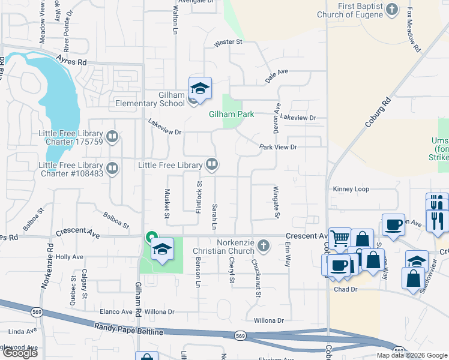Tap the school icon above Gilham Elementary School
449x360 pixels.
[200, 89]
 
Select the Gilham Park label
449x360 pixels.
[232, 114]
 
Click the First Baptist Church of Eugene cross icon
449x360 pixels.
[391, 9]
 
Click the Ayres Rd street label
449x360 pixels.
[71, 62]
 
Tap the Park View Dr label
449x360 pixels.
[278, 147]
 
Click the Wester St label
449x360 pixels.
[228, 42]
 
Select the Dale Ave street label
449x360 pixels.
[277, 71]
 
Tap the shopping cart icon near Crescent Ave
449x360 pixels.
[340, 238]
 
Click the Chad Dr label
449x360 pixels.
[345, 290]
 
